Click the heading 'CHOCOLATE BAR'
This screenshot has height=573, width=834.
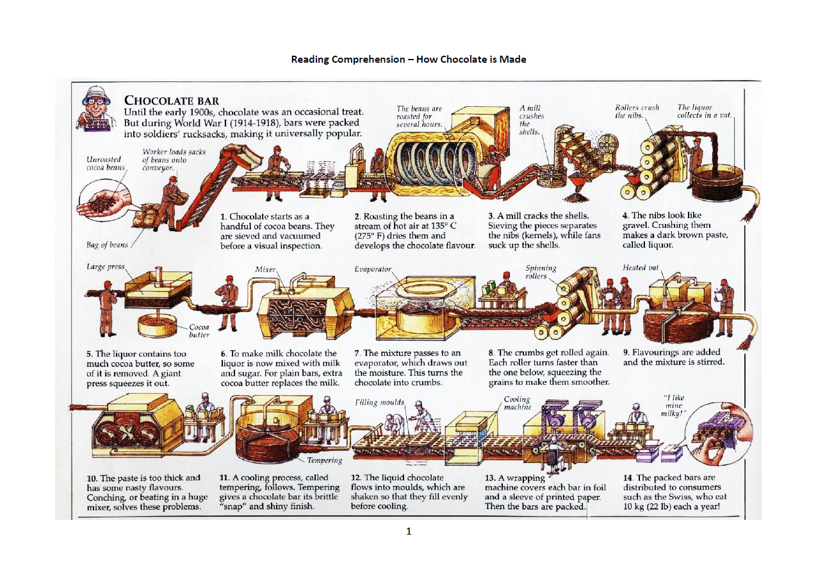pyautogui.click(x=171, y=100)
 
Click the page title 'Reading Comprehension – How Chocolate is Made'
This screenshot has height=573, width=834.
pyautogui.click(x=408, y=60)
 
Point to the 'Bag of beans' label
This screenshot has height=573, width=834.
pyautogui.click(x=107, y=245)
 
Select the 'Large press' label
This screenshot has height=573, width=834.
pyautogui.click(x=106, y=266)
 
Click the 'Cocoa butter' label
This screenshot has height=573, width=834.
pyautogui.click(x=199, y=330)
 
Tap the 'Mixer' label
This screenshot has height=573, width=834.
pyautogui.click(x=265, y=270)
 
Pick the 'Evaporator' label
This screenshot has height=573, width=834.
pyautogui.click(x=372, y=270)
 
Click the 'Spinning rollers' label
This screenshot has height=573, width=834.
pyautogui.click(x=541, y=272)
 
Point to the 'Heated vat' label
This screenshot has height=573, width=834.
pyautogui.click(x=640, y=268)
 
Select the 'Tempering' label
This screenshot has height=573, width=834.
pyautogui.click(x=324, y=460)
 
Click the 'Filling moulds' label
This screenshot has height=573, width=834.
pyautogui.click(x=379, y=403)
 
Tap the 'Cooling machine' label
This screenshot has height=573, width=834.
pyautogui.click(x=518, y=403)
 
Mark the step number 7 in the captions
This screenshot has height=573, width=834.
pyautogui.click(x=357, y=353)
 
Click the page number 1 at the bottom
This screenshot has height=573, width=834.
pyautogui.click(x=409, y=531)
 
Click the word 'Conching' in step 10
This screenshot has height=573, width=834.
pyautogui.click(x=107, y=497)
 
